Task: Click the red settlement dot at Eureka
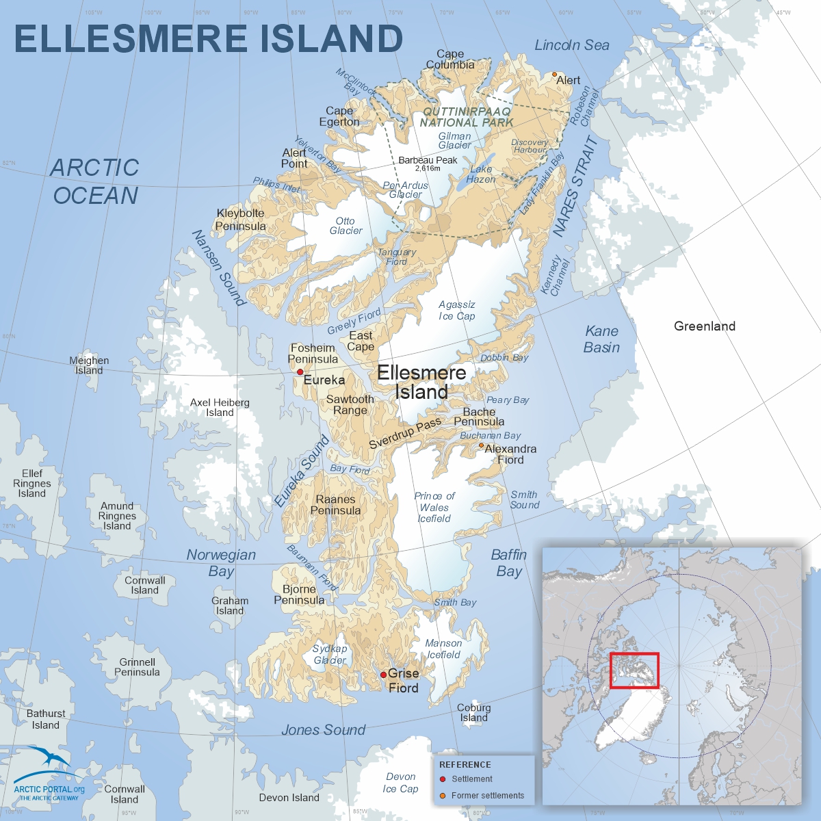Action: pyautogui.click(x=300, y=372)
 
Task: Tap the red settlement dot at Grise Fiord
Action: pyautogui.click(x=383, y=675)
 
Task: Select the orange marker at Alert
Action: pyautogui.click(x=554, y=75)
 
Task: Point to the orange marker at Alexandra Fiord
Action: pyautogui.click(x=481, y=445)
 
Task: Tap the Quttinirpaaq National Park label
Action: pyautogui.click(x=467, y=117)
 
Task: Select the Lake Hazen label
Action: pyautogui.click(x=482, y=174)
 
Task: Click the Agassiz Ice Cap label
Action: pyautogui.click(x=457, y=310)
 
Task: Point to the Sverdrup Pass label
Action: pyautogui.click(x=405, y=434)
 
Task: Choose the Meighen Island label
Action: pyautogui.click(x=89, y=365)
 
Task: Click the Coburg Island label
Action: pyautogui.click(x=474, y=712)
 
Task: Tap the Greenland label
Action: pyautogui.click(x=705, y=326)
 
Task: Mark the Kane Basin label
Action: pyautogui.click(x=601, y=339)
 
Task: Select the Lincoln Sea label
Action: pyautogui.click(x=572, y=45)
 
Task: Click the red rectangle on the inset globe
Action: pyautogui.click(x=634, y=670)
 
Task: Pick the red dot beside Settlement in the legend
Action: pyautogui.click(x=443, y=779)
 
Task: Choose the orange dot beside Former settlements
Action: pyautogui.click(x=443, y=796)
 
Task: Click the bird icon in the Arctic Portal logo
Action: pyautogui.click(x=50, y=759)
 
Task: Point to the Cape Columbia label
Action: pyautogui.click(x=450, y=59)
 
